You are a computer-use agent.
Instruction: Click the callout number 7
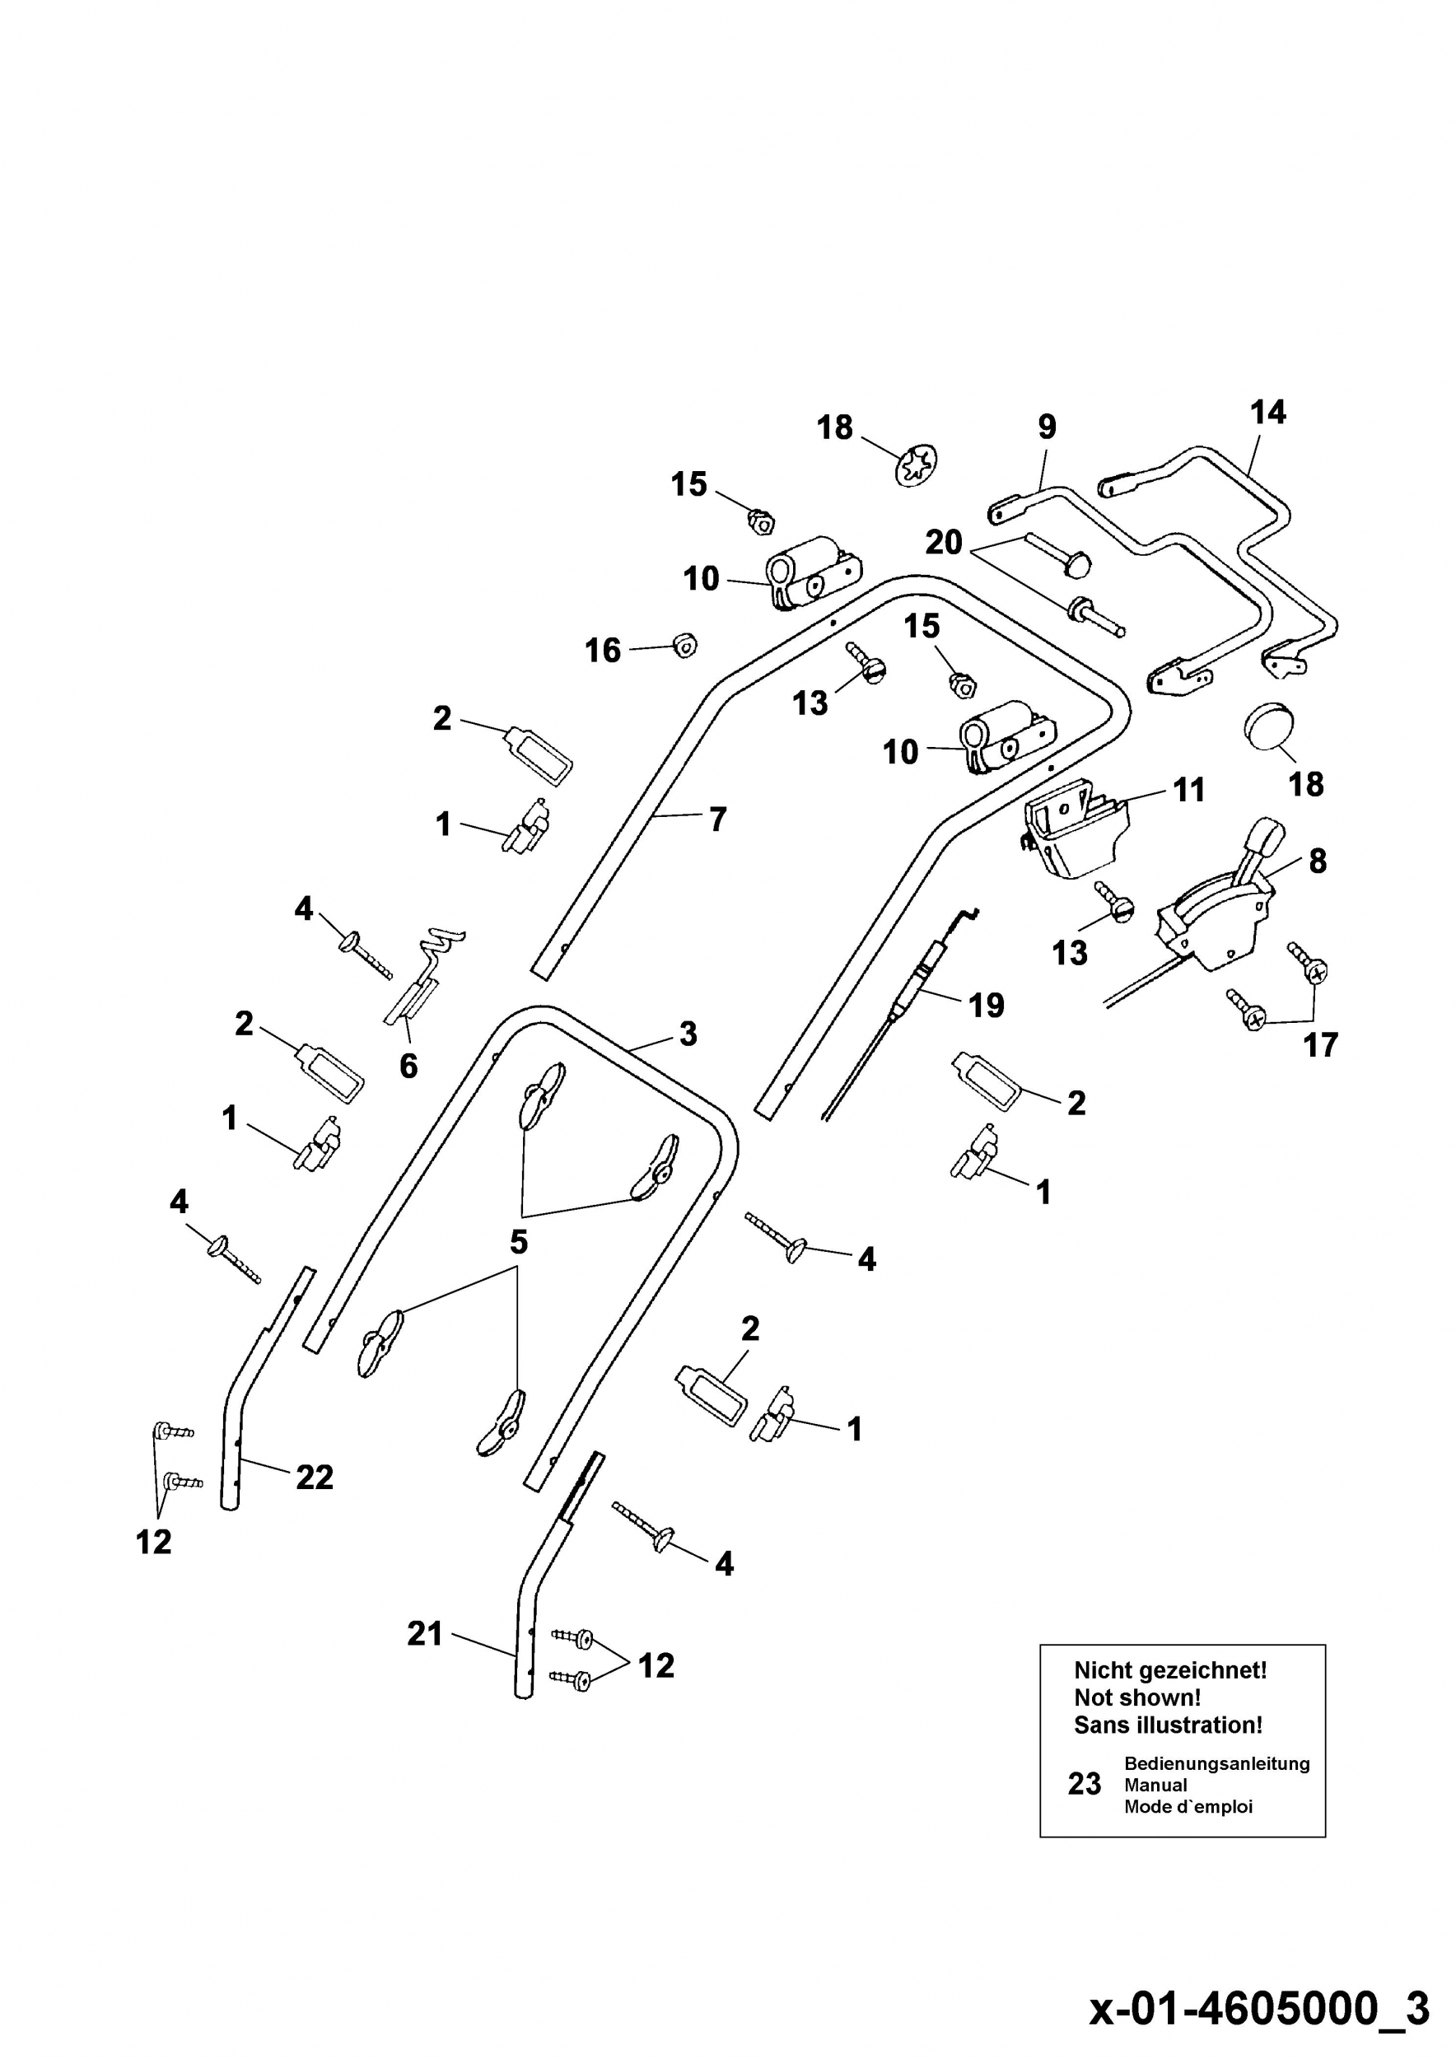[717, 819]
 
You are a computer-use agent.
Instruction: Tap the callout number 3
[688, 1034]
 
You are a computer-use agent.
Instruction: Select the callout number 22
[315, 1477]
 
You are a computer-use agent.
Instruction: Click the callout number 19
[987, 1006]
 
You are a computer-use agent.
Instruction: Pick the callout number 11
[1189, 790]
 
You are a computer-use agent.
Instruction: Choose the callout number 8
[1317, 861]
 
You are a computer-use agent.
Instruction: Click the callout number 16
[603, 650]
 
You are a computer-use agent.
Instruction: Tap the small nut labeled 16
[685, 643]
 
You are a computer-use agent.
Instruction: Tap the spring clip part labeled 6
[423, 978]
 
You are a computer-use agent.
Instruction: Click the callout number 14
[1267, 413]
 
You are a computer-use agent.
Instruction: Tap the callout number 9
[1048, 427]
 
